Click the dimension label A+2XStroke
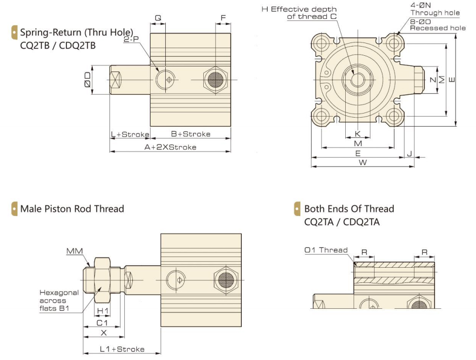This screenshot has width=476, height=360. (x=170, y=147)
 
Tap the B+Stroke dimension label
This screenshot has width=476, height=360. (x=190, y=134)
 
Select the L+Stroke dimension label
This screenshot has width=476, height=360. (x=130, y=134)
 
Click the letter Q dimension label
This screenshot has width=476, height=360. (x=158, y=17)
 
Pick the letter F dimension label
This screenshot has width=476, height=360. (x=223, y=17)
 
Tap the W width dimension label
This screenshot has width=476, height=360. (x=363, y=162)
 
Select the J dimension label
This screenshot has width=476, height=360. (x=409, y=153)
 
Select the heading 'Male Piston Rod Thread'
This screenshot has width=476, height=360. (x=72, y=208)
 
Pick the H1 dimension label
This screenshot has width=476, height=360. (x=102, y=310)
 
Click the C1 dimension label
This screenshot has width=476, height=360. (x=102, y=322)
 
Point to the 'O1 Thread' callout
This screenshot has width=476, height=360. (x=326, y=250)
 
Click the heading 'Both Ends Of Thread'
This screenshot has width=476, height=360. (x=349, y=208)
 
